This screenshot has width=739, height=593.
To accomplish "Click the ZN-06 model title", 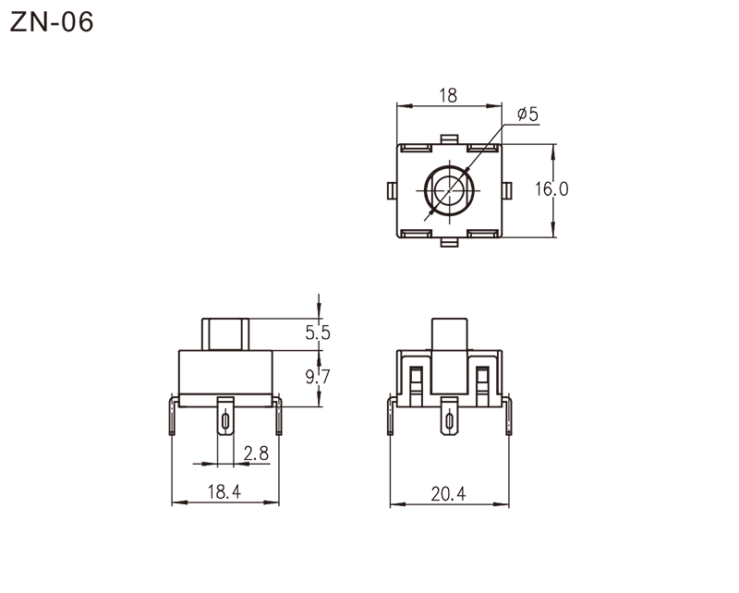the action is coord(52,22).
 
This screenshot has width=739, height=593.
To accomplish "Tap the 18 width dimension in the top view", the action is coord(448,96).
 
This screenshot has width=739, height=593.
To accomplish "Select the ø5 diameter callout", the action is coord(527,115).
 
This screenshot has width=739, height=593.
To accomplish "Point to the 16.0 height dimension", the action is coord(551,189).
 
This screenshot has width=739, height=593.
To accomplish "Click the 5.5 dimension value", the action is coord(318,333).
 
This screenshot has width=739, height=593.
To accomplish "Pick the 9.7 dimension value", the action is coord(318,377).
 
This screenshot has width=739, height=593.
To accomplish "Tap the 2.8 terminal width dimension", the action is coord(256,454).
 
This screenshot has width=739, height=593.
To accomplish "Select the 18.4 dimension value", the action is coord(224,492).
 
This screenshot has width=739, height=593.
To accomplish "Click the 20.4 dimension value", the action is coord(448,494).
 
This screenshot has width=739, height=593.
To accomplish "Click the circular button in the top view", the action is coord(449,190).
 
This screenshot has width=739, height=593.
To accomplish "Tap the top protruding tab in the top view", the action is coord(449,139).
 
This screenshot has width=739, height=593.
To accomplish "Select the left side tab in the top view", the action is coord(392,190).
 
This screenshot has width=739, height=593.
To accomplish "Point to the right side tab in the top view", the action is coord(506,190).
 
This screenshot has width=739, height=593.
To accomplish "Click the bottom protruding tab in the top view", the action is coord(449,242).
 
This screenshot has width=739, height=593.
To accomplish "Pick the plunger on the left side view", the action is coord(225,334).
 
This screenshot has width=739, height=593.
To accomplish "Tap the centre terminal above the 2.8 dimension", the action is coord(225,416).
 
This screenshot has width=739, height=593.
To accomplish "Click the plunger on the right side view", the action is coord(450,357).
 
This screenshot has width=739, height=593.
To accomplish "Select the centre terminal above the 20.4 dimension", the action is coord(449,417).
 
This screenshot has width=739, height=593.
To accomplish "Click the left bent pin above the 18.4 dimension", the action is coord(173,416).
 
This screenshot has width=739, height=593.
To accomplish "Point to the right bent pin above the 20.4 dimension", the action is coord(507,417).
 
